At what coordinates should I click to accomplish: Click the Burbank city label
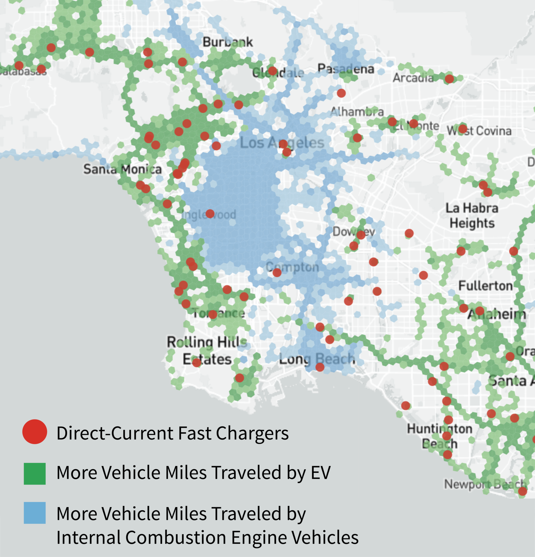click(x=227, y=42)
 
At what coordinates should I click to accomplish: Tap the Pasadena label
click(x=345, y=69)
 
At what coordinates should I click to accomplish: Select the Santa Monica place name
click(x=122, y=169)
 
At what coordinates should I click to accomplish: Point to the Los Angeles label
click(x=282, y=143)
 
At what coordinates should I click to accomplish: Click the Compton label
click(x=292, y=267)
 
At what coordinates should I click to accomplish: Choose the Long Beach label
click(x=317, y=359)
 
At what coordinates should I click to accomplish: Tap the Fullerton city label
click(x=485, y=286)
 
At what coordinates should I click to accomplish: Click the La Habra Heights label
click(x=472, y=215)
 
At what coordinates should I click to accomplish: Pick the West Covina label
click(x=479, y=131)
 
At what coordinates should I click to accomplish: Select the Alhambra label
click(x=357, y=112)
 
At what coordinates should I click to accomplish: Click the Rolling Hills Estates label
click(x=207, y=350)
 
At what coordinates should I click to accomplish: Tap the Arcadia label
click(x=413, y=78)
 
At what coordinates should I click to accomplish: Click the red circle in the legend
click(x=35, y=432)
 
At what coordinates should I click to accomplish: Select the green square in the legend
click(x=35, y=474)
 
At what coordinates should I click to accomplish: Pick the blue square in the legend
click(x=35, y=513)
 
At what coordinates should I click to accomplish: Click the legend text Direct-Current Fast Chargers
click(x=173, y=433)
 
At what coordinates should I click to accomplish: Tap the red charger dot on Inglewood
click(x=210, y=214)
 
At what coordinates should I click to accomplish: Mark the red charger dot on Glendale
click(x=272, y=71)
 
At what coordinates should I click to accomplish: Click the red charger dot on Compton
click(x=277, y=273)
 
